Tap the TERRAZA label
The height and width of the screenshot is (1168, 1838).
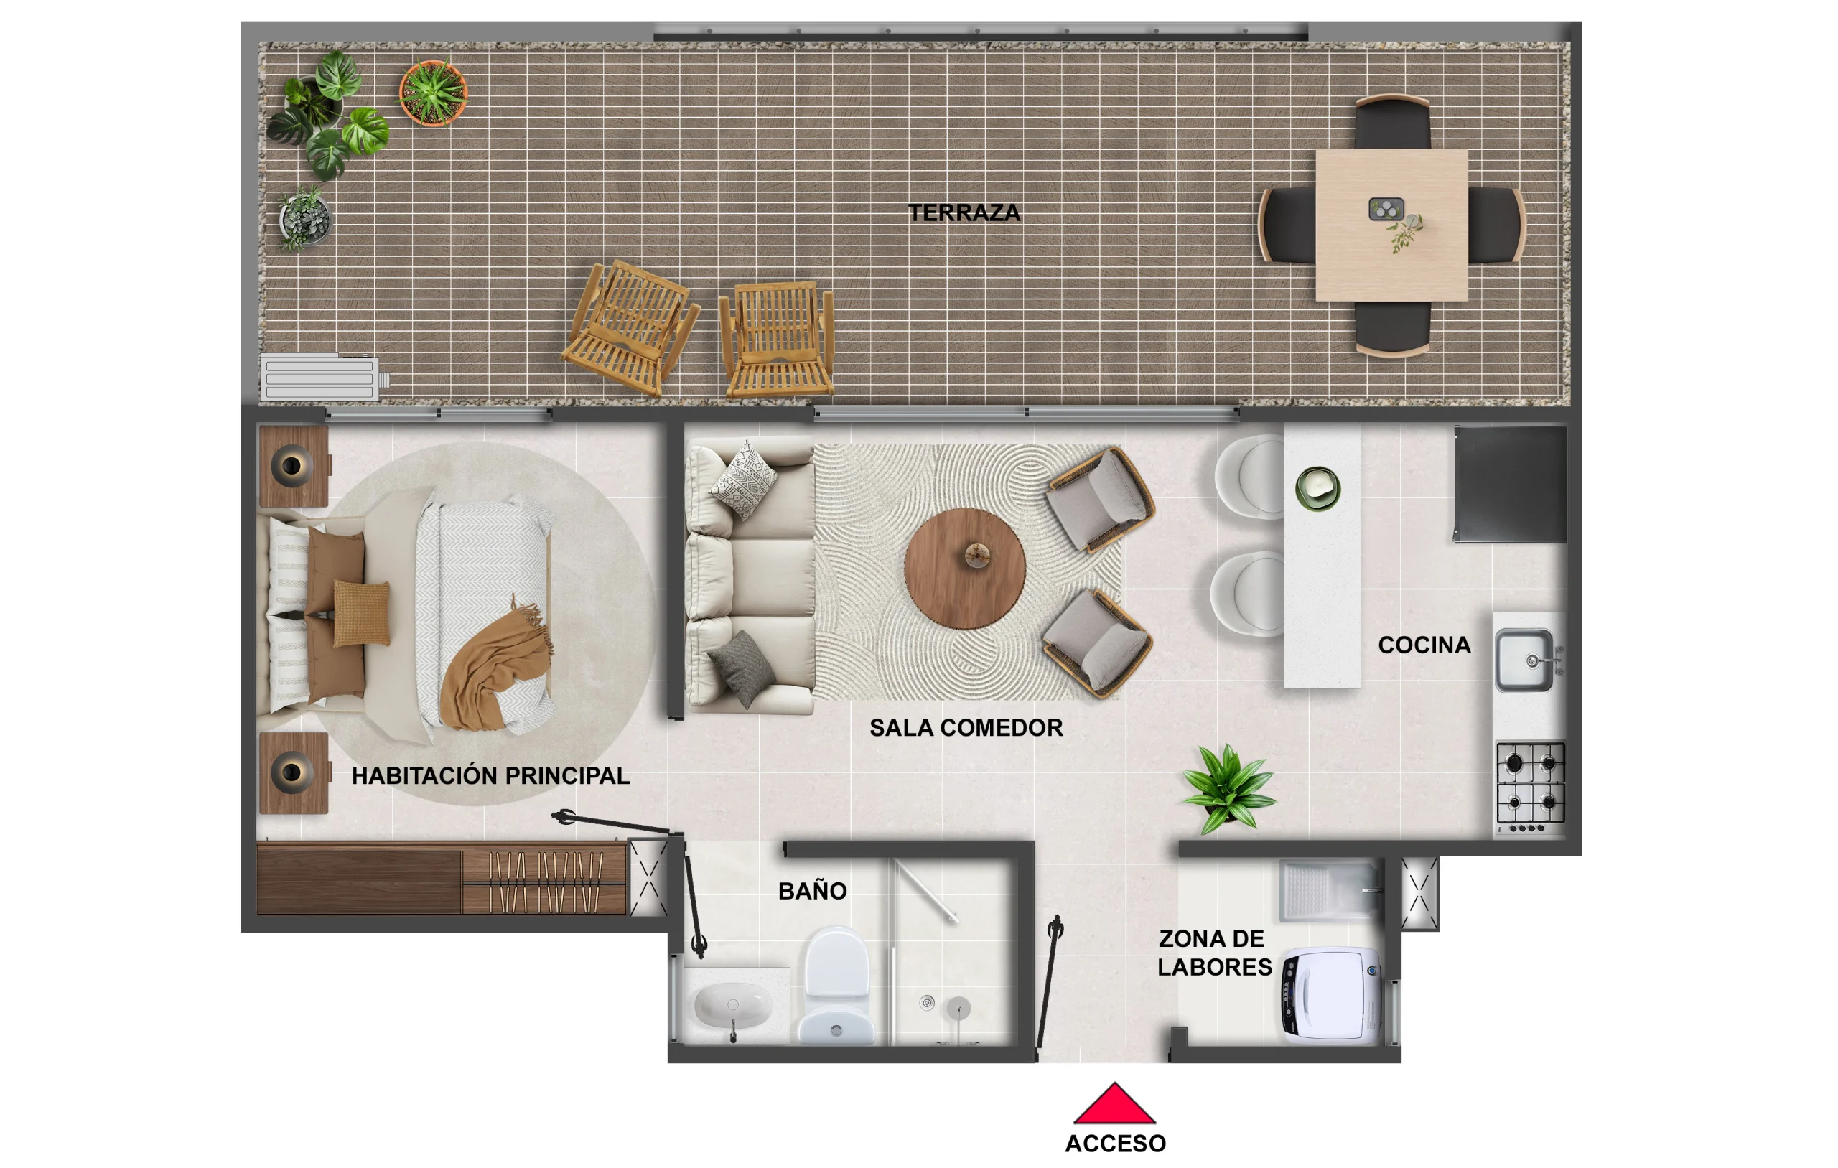pos(964,213)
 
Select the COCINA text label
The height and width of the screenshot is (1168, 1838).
pos(1424,645)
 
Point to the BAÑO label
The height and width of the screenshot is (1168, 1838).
pos(812,891)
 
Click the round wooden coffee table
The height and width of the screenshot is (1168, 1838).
pos(964,569)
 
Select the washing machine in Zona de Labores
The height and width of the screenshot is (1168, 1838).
pos(1332,996)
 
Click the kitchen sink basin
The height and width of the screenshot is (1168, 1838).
pos(1524,660)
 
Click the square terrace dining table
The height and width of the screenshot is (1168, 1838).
pos(1391,225)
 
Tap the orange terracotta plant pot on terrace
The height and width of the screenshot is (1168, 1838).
pos(433,93)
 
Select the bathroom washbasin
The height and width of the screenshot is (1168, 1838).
pos(733,1005)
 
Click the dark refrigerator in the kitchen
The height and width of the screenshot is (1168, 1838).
pos(1510,484)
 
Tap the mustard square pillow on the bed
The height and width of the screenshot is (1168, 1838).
pos(362,613)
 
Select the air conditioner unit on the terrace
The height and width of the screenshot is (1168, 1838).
pos(321,378)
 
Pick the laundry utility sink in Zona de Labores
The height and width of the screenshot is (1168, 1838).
pos(1328,890)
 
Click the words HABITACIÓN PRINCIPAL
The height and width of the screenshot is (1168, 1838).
pos(490,775)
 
